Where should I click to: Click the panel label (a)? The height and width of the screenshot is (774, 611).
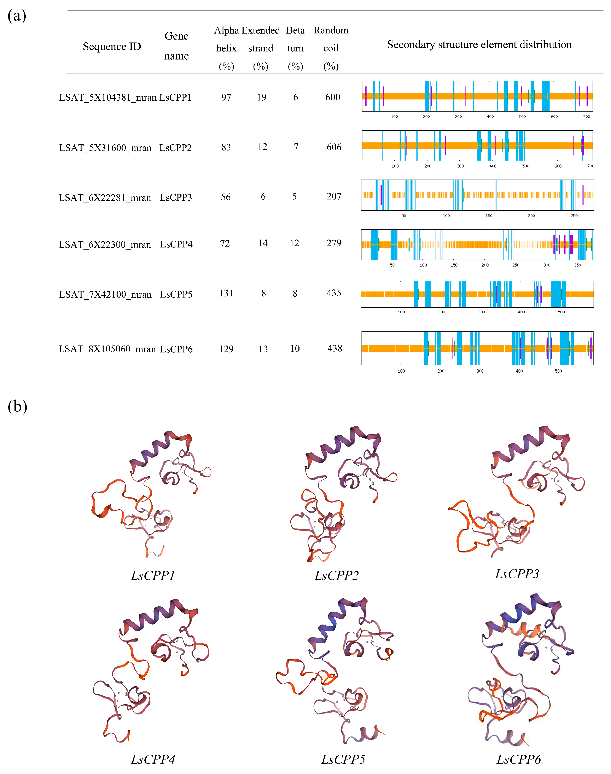coord(17,16)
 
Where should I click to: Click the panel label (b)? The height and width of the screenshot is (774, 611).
coord(17,407)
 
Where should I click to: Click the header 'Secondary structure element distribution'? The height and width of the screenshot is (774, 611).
coord(479,45)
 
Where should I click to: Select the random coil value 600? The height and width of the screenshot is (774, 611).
coord(333,97)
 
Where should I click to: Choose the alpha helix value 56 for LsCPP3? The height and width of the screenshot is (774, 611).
coord(226,197)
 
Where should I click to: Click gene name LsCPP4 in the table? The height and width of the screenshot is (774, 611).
coord(176,244)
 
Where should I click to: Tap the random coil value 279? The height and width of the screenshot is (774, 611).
coord(334,243)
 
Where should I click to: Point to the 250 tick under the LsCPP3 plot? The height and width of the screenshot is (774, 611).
coord(574,215)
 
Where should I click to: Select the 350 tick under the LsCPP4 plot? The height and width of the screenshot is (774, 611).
coord(577,265)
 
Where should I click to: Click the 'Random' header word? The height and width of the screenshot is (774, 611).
coord(331,30)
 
